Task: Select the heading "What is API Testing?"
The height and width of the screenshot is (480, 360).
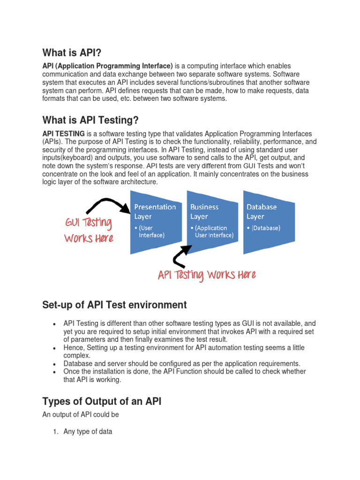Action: click(90, 120)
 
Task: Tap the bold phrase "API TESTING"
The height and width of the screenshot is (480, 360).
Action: click(64, 134)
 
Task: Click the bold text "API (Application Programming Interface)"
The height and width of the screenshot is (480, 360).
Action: click(108, 66)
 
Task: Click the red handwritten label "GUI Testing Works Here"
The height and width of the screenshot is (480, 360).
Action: click(89, 230)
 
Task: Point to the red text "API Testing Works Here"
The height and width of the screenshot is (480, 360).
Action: click(207, 275)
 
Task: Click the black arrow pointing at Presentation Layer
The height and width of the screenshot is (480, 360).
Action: click(108, 205)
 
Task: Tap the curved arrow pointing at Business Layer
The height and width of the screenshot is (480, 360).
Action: click(180, 256)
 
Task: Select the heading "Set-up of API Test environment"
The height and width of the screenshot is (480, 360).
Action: click(114, 305)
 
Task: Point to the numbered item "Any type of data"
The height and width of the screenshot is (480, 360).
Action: click(88, 431)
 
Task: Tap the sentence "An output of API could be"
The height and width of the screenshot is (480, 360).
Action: click(81, 414)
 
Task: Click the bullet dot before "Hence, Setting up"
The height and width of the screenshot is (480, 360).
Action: click(55, 349)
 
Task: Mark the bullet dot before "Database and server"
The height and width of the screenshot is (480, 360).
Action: click(55, 364)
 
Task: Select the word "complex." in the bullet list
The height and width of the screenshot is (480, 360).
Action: click(77, 356)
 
